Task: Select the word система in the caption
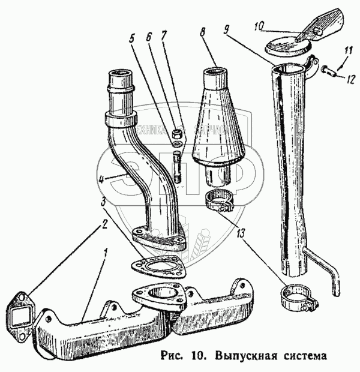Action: pyautogui.click(x=302, y=355)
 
